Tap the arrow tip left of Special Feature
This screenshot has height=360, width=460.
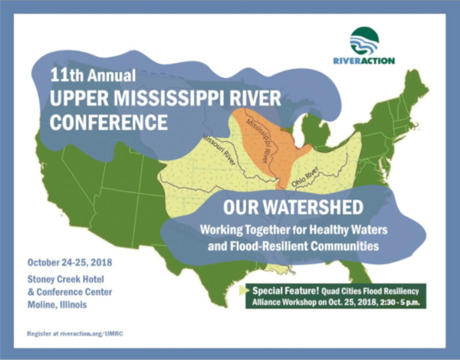[248, 291]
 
